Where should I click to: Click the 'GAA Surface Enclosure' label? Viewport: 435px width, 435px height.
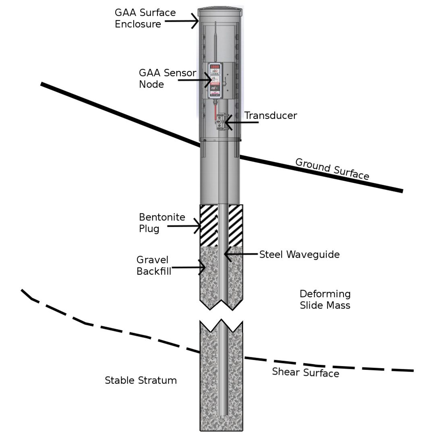point(145,18)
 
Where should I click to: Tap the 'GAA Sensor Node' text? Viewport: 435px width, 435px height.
point(167,79)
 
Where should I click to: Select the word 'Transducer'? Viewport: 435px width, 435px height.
point(271,116)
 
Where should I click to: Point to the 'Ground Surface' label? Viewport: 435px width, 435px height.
point(332,169)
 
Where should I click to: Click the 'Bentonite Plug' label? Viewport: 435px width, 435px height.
point(162,223)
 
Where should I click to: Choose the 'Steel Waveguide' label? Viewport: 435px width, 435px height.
point(299,255)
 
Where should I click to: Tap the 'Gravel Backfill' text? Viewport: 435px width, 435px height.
point(154,265)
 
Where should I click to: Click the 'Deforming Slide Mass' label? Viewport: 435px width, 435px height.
point(325,299)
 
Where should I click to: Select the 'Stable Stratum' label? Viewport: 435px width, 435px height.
point(141,380)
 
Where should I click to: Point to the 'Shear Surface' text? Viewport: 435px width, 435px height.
point(305,373)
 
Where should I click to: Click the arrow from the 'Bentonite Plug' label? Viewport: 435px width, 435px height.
point(184,226)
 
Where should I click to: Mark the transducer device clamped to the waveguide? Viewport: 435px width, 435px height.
point(220,121)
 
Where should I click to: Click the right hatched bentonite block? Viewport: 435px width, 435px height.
point(236,225)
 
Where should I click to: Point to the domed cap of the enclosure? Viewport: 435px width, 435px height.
point(220,10)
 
